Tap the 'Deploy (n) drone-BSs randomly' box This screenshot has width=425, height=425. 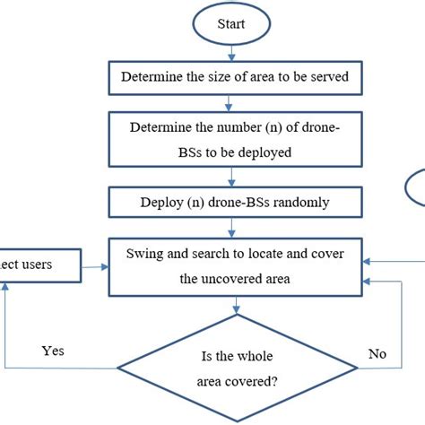tap(235, 204)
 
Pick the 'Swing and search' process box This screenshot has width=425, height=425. tap(235, 265)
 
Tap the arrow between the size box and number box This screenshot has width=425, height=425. tap(235, 102)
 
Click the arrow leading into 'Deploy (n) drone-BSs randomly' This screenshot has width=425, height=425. tap(235, 177)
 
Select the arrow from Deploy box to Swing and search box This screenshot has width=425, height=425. tap(235, 228)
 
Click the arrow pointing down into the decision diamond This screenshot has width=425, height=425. tap(235, 305)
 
